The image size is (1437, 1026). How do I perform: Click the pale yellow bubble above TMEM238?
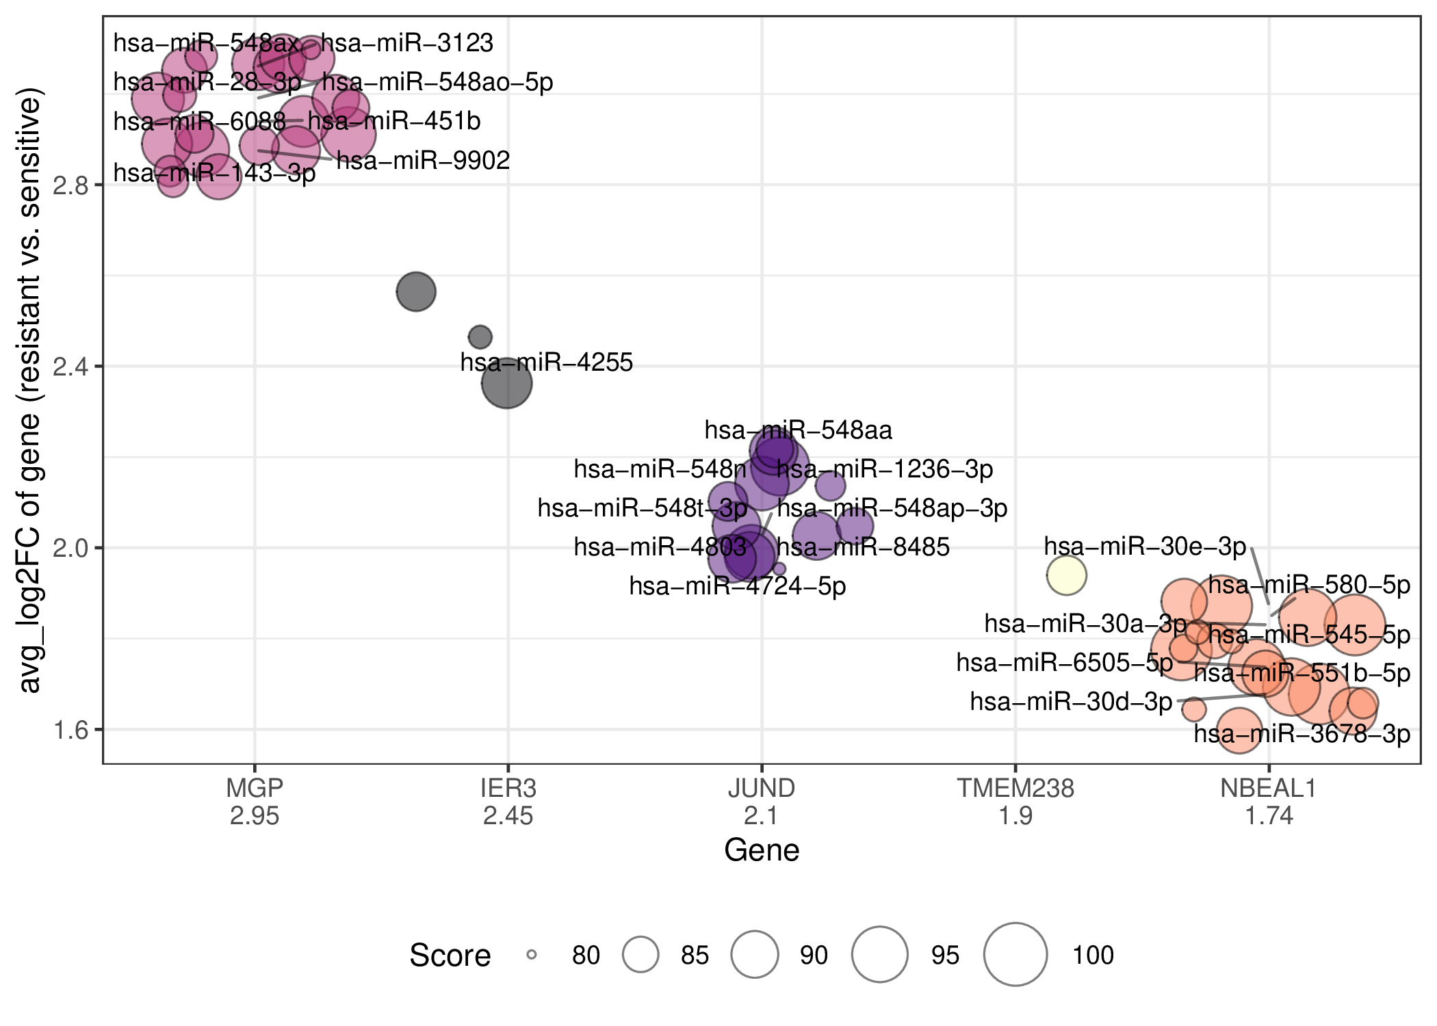[1066, 575]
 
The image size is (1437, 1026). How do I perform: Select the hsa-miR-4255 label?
[546, 363]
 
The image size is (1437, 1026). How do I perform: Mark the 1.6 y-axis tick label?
[71, 730]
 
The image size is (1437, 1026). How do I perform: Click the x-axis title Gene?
[762, 850]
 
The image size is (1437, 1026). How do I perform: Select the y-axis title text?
[29, 390]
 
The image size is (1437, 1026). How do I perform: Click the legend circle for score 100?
[1015, 954]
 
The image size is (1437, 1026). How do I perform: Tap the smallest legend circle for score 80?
[532, 954]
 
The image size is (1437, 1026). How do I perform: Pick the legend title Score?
[450, 955]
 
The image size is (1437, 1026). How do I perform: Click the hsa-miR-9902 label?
[424, 161]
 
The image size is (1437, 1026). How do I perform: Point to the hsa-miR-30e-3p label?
[1145, 547]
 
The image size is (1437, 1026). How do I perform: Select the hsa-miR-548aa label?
[798, 430]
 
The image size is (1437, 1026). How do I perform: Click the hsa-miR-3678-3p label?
[1302, 734]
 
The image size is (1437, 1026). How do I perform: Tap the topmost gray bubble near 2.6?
[416, 291]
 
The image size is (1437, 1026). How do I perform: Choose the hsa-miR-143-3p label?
[214, 173]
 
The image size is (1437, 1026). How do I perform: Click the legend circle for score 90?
[755, 954]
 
